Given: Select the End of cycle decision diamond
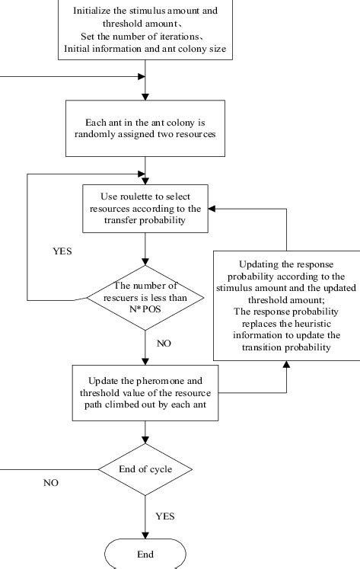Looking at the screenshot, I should click(145, 468).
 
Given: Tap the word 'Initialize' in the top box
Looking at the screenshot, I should click(93, 11).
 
